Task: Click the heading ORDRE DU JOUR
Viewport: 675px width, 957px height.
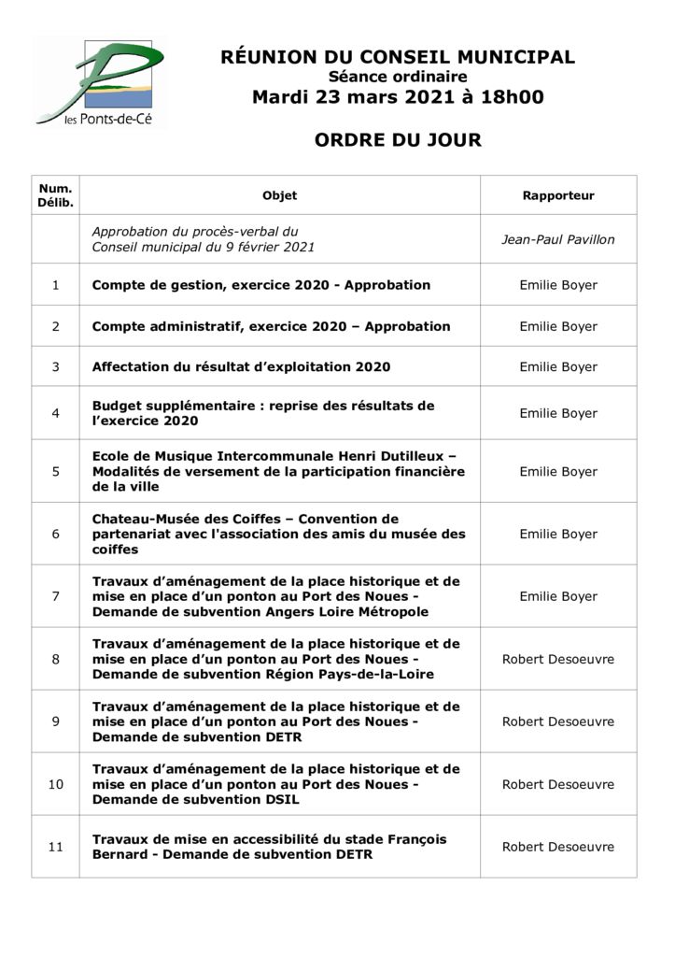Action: [x=398, y=140]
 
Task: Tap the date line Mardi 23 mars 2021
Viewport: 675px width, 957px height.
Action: [x=398, y=97]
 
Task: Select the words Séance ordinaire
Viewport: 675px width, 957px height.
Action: [x=398, y=77]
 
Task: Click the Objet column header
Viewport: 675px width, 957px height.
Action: [x=279, y=195]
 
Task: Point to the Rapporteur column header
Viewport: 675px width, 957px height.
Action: [x=558, y=195]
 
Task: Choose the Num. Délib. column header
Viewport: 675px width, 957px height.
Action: [x=55, y=195]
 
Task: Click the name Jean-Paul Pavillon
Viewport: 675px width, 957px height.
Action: [x=558, y=239]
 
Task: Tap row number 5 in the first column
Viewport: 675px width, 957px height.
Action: [x=55, y=472]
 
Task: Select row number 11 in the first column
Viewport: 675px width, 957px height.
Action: [x=55, y=847]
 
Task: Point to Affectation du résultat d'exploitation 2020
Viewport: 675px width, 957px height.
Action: [x=241, y=367]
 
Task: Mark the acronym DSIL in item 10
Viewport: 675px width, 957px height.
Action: [x=282, y=800]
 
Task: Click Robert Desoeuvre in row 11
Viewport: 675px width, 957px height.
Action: [x=558, y=847]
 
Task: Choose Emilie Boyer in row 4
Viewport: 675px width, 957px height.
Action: [x=558, y=413]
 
